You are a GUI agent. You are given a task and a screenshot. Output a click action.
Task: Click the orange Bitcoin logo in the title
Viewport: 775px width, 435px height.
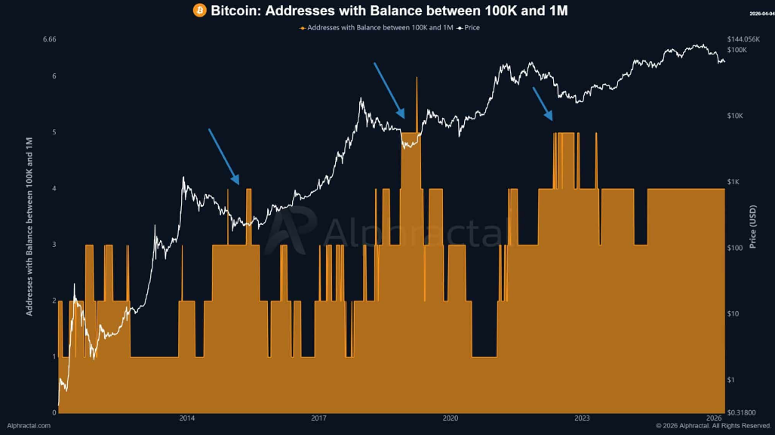[x=200, y=11]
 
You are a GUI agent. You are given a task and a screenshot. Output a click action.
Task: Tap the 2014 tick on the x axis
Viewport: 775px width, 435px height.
[x=187, y=418]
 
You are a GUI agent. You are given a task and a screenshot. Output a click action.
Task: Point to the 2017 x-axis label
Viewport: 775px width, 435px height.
[x=318, y=418]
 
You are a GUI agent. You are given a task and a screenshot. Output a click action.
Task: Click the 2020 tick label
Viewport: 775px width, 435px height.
[x=451, y=418]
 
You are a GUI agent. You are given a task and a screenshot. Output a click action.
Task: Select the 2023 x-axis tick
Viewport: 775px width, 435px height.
[x=582, y=418]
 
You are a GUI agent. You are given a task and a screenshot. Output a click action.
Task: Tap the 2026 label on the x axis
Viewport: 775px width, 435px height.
[x=714, y=418]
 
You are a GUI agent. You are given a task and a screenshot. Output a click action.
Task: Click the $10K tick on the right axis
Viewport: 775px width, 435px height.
[x=736, y=116]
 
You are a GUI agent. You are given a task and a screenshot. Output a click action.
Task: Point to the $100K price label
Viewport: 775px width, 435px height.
[x=737, y=50]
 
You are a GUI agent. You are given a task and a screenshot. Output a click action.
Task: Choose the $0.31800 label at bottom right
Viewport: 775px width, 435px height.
[x=742, y=412]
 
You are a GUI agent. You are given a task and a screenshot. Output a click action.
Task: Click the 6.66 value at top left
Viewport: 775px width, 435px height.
[x=51, y=39]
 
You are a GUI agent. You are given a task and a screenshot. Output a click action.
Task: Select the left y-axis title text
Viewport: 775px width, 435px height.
[x=30, y=226]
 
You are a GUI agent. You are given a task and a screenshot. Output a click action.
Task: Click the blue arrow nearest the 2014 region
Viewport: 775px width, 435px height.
[x=223, y=156]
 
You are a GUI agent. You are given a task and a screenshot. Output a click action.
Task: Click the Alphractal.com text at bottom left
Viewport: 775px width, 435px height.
[x=29, y=426]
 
